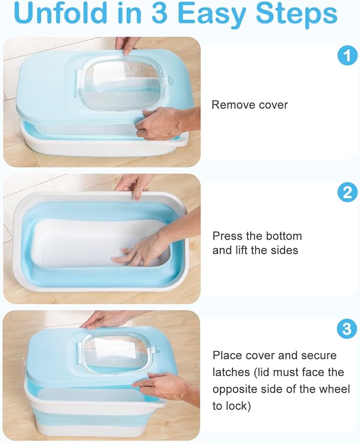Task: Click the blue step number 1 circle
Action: tap(347, 55)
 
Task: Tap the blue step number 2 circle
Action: tap(347, 192)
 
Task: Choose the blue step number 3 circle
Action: tap(347, 330)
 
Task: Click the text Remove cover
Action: tap(250, 104)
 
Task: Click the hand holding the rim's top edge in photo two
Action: tap(135, 184)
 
